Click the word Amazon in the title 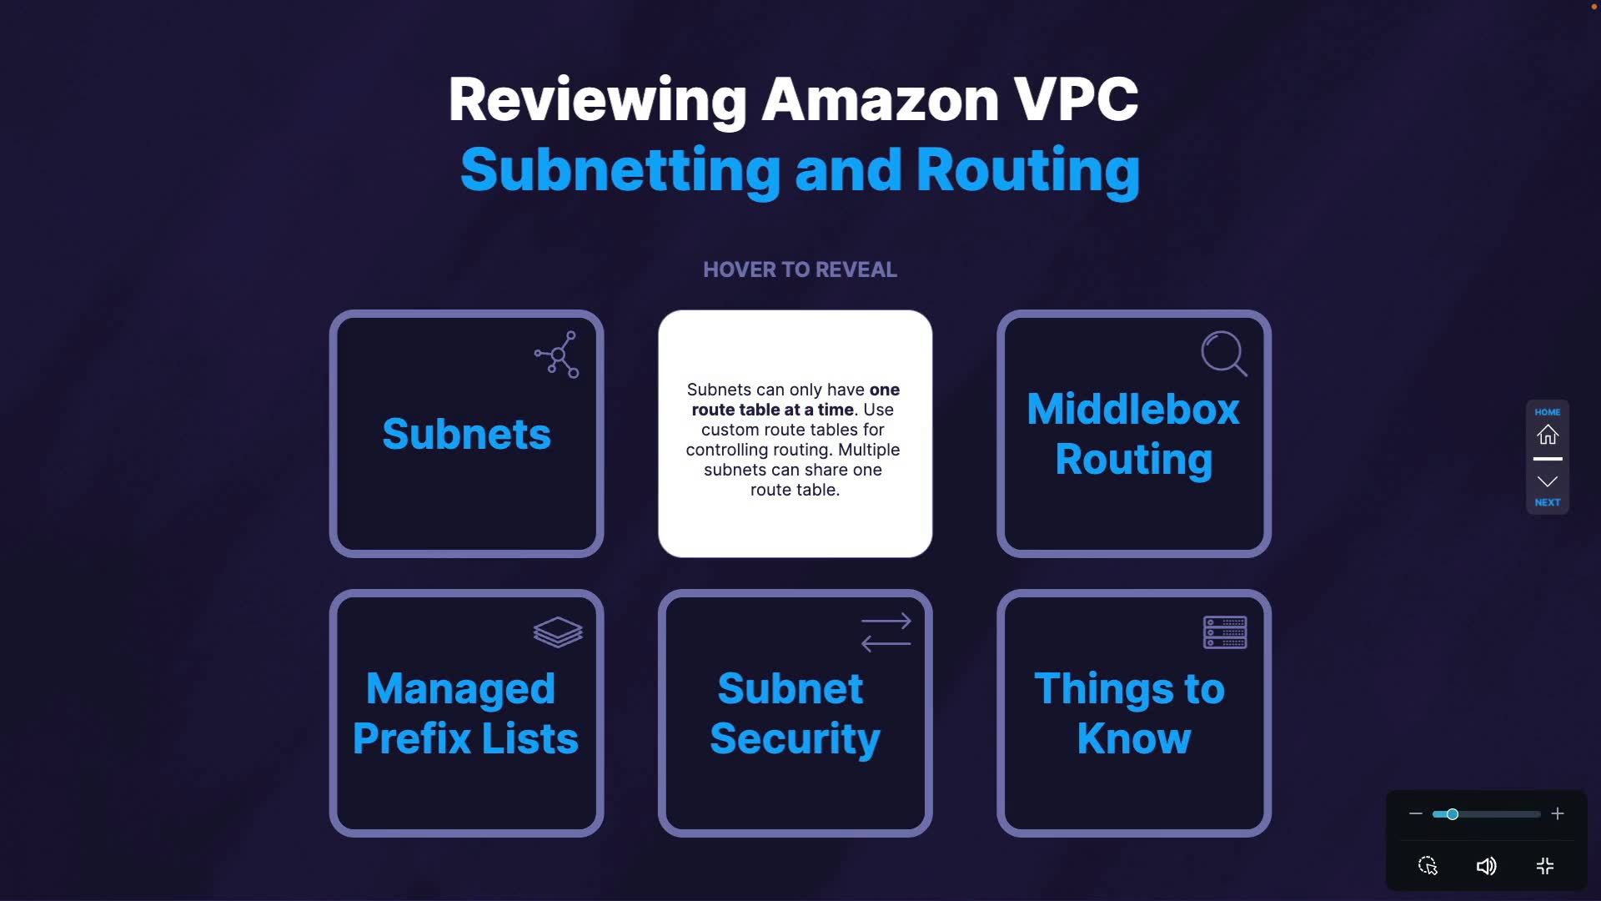[880, 99]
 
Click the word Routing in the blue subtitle [1028, 171]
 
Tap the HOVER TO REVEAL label [800, 269]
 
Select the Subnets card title [466, 434]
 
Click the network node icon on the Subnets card [557, 355]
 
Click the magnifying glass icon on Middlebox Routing [1224, 354]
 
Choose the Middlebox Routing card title [1133, 435]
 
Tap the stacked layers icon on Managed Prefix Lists [558, 632]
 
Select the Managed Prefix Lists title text [465, 713]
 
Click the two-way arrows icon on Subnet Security [886, 632]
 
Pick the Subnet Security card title [795, 714]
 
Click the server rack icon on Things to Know [1225, 632]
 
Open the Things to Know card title [1130, 713]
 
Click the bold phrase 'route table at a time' [773, 410]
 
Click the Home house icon [1548, 435]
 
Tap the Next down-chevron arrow [1548, 481]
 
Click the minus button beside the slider [1415, 813]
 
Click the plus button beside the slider [1558, 813]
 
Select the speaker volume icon [1486, 866]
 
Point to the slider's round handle [1452, 814]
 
